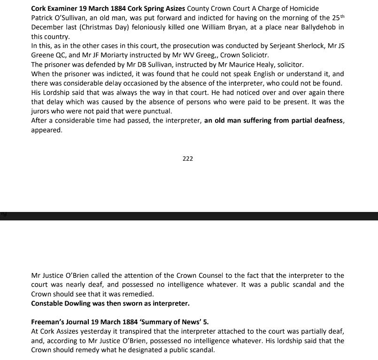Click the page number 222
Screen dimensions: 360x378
click(x=188, y=159)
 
